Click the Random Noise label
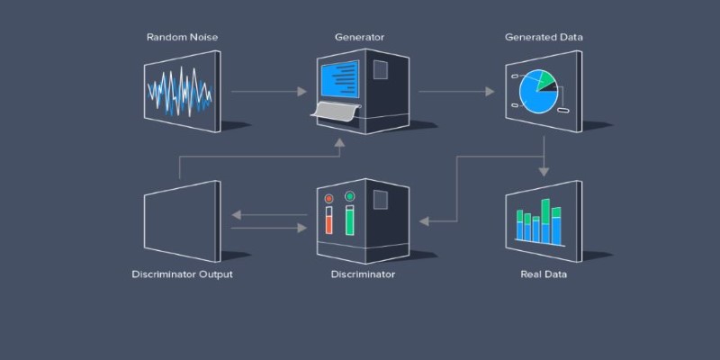(183, 37)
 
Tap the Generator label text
(359, 37)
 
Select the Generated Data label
(544, 37)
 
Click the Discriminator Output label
(183, 274)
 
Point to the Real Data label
(544, 274)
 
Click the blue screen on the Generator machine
(340, 79)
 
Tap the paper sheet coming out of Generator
(335, 110)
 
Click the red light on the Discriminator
(328, 198)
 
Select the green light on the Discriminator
(350, 196)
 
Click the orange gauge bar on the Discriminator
(328, 224)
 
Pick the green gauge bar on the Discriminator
(350, 221)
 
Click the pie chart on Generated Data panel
(538, 92)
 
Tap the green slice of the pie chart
(546, 79)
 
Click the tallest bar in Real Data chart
(545, 220)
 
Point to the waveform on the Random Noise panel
(179, 91)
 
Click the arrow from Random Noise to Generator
(268, 92)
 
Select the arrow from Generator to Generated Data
(456, 92)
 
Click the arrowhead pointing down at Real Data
(544, 172)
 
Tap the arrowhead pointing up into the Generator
(339, 142)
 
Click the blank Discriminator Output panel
(183, 221)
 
